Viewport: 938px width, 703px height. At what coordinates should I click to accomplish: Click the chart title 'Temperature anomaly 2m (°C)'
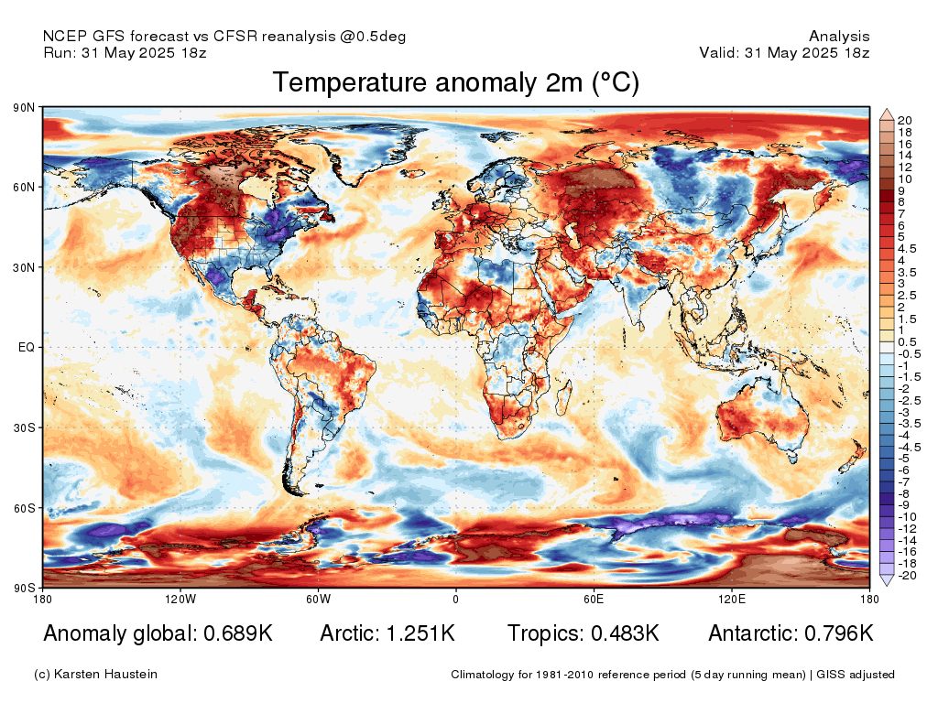coord(455,83)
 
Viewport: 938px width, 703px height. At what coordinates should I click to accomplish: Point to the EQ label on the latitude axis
coord(26,348)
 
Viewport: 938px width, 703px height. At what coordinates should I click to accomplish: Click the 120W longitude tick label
coord(180,600)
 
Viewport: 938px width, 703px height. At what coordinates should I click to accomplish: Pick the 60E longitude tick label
coord(593,600)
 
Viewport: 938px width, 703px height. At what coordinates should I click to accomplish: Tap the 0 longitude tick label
coord(455,600)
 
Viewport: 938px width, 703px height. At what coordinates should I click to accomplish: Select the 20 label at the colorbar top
coord(904,120)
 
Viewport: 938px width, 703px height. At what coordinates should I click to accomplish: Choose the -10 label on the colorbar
coord(903,517)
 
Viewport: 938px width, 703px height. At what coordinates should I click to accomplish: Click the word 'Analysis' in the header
coord(839,37)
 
